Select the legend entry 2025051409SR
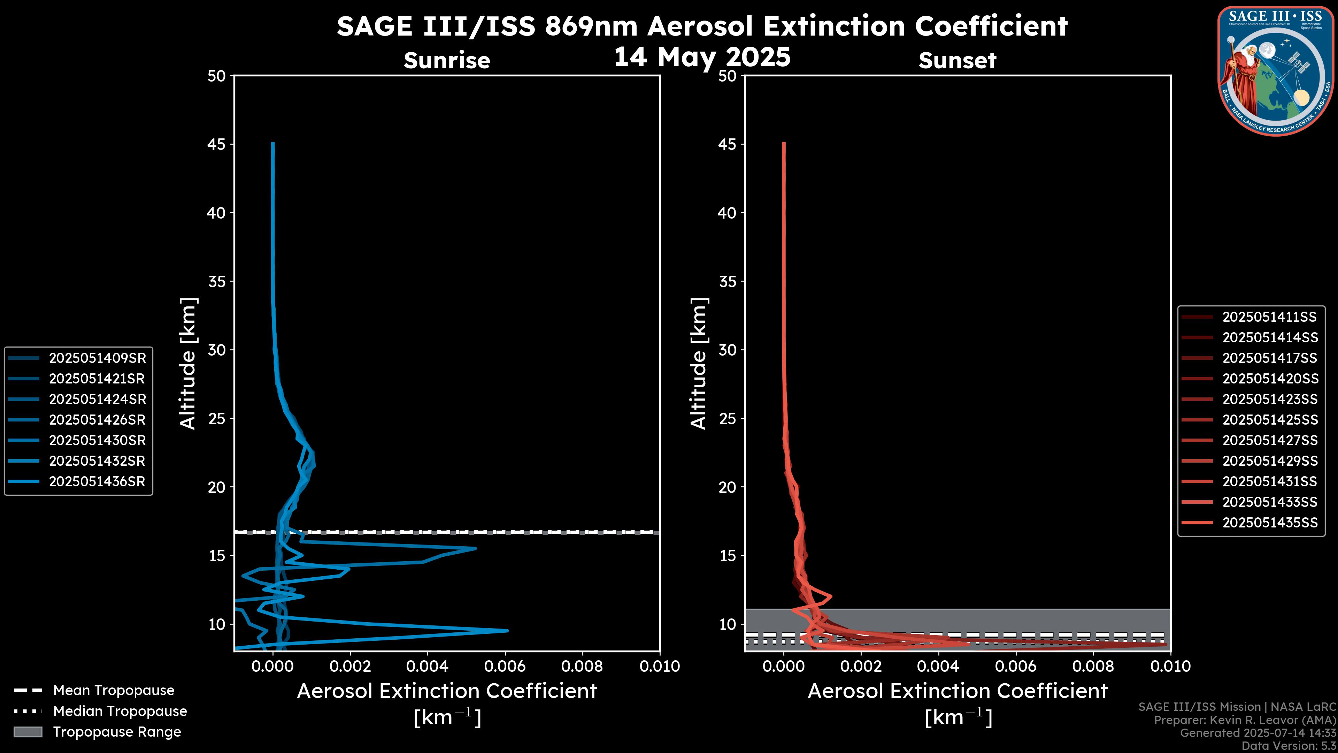(x=97, y=358)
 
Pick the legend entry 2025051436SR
(x=97, y=482)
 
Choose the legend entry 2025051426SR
(x=97, y=420)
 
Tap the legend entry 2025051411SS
(x=1269, y=317)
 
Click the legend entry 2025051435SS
(x=1269, y=523)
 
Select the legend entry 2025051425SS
(x=1269, y=420)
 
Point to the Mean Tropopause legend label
(x=114, y=691)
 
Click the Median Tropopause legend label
(x=120, y=712)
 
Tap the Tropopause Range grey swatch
(x=28, y=732)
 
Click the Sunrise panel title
(x=447, y=61)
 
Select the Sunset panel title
(x=957, y=61)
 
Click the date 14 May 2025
(x=702, y=57)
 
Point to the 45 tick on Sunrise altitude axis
(x=217, y=144)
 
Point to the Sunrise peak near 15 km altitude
(x=475, y=548)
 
